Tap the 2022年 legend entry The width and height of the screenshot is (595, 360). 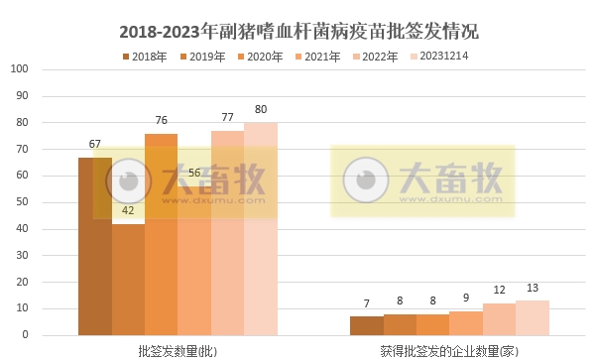pyautogui.click(x=375, y=57)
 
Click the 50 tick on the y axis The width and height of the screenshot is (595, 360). pyautogui.click(x=23, y=202)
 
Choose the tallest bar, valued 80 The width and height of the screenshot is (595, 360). pyautogui.click(x=261, y=229)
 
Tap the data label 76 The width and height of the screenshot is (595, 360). pyautogui.click(x=161, y=121)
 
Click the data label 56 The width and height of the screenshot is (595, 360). pyautogui.click(x=194, y=173)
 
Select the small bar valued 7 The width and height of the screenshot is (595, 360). pyautogui.click(x=366, y=326)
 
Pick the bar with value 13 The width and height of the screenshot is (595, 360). pyautogui.click(x=533, y=318)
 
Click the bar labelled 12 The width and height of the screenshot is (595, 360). pyautogui.click(x=499, y=319)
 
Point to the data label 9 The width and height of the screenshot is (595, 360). pyautogui.click(x=466, y=298)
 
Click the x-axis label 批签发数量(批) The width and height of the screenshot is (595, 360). pyautogui.click(x=178, y=351)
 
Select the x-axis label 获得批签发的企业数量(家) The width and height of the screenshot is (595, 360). pyautogui.click(x=449, y=351)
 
